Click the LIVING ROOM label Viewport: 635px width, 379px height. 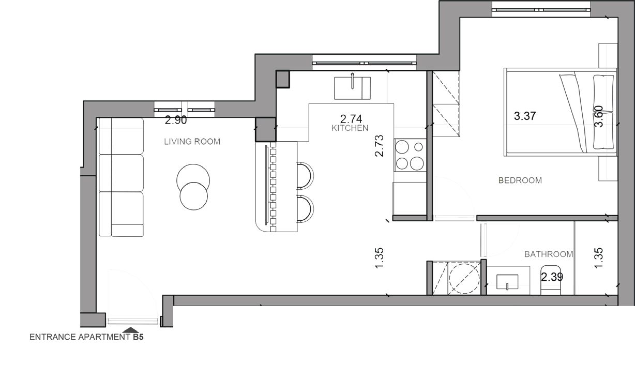(x=192, y=142)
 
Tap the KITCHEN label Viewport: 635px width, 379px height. (x=350, y=128)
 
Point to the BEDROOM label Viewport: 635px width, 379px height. (x=520, y=180)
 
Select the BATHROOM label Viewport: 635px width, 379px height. (x=549, y=254)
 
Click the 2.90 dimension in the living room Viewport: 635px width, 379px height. (x=176, y=120)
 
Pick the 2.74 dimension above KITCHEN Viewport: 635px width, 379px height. (x=351, y=119)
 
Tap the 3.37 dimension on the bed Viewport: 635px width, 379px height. (x=525, y=116)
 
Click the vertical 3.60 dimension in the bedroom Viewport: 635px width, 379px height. (x=598, y=116)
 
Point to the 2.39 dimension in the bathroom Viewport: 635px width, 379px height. (x=552, y=277)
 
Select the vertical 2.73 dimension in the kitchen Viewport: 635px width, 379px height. (x=379, y=146)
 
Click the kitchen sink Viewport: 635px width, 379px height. (x=352, y=88)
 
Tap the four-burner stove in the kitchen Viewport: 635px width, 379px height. (x=410, y=155)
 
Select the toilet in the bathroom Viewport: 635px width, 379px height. (x=551, y=280)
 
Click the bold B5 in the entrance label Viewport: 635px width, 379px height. (x=139, y=337)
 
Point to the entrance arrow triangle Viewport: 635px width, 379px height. (x=131, y=330)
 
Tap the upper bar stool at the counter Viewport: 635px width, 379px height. (x=305, y=176)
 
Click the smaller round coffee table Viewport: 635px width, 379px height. (x=193, y=196)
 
